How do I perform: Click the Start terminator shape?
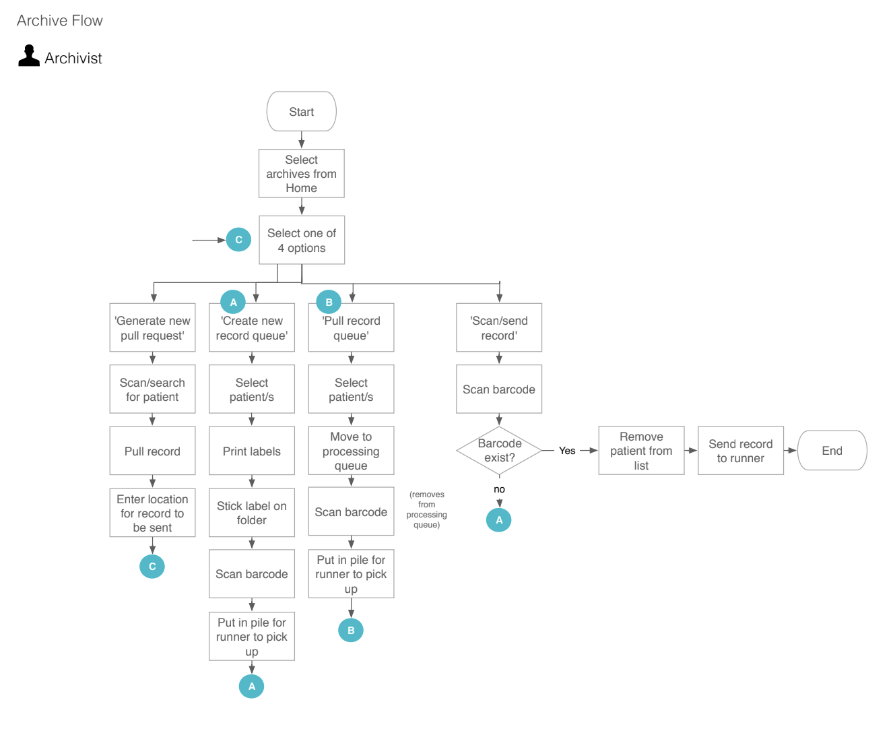301,112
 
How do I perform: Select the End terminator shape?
832,451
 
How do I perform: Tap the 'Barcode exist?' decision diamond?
499,451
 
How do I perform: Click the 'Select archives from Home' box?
301,174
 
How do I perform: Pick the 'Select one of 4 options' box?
301,241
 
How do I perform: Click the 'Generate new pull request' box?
152,328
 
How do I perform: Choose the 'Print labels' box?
251,451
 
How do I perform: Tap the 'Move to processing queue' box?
351,451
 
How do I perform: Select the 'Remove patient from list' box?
641,451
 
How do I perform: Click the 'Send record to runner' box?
740,451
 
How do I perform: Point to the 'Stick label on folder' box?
251,513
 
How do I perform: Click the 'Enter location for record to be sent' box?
152,513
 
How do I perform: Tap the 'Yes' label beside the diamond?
567,451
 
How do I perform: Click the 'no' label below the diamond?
499,489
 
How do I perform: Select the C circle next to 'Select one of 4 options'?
238,240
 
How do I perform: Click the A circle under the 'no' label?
499,519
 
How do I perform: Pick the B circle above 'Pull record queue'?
329,302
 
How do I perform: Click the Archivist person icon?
29,56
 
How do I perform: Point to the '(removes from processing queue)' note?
426,509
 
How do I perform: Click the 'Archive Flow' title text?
60,21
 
